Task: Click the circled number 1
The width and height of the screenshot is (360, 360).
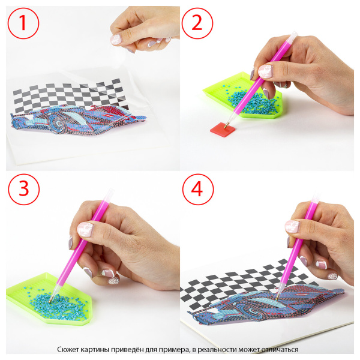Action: pos(23,23)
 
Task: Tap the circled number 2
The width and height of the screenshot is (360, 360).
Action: pos(197,23)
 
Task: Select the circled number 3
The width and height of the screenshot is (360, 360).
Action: pos(24,190)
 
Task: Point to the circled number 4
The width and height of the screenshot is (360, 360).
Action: pos(198,190)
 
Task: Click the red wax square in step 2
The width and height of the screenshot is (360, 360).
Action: pos(223,130)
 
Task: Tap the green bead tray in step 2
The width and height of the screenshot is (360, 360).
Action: pos(244,96)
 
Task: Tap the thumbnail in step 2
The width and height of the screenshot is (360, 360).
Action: pos(265,71)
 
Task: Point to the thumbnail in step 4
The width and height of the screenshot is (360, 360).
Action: pos(292,227)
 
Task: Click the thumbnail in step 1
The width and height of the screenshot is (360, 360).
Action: pos(115,40)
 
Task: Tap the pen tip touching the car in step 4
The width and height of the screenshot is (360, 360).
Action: pos(277,299)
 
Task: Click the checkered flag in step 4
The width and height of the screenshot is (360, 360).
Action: pos(248,284)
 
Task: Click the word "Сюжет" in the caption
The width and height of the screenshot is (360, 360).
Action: pos(65,350)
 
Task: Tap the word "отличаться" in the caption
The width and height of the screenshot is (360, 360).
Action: pos(280,350)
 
